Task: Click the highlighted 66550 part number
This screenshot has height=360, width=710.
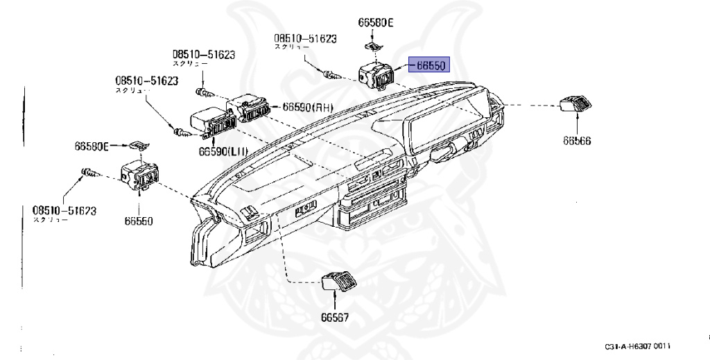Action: coord(431,65)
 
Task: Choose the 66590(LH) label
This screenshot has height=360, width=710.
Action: coord(219,151)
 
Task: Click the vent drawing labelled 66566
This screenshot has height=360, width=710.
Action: coord(575,104)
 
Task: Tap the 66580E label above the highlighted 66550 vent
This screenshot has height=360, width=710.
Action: coord(375,22)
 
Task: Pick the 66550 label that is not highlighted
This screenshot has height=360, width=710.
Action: coord(139,221)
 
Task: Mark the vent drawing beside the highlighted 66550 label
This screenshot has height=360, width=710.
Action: coord(376,73)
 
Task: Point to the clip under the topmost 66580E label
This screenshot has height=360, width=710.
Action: coord(375,46)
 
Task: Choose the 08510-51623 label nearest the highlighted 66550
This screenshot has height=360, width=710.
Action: coord(304,39)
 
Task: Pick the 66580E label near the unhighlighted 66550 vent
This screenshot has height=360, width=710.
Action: coord(92,146)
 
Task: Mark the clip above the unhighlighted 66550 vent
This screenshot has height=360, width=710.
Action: coord(139,145)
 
